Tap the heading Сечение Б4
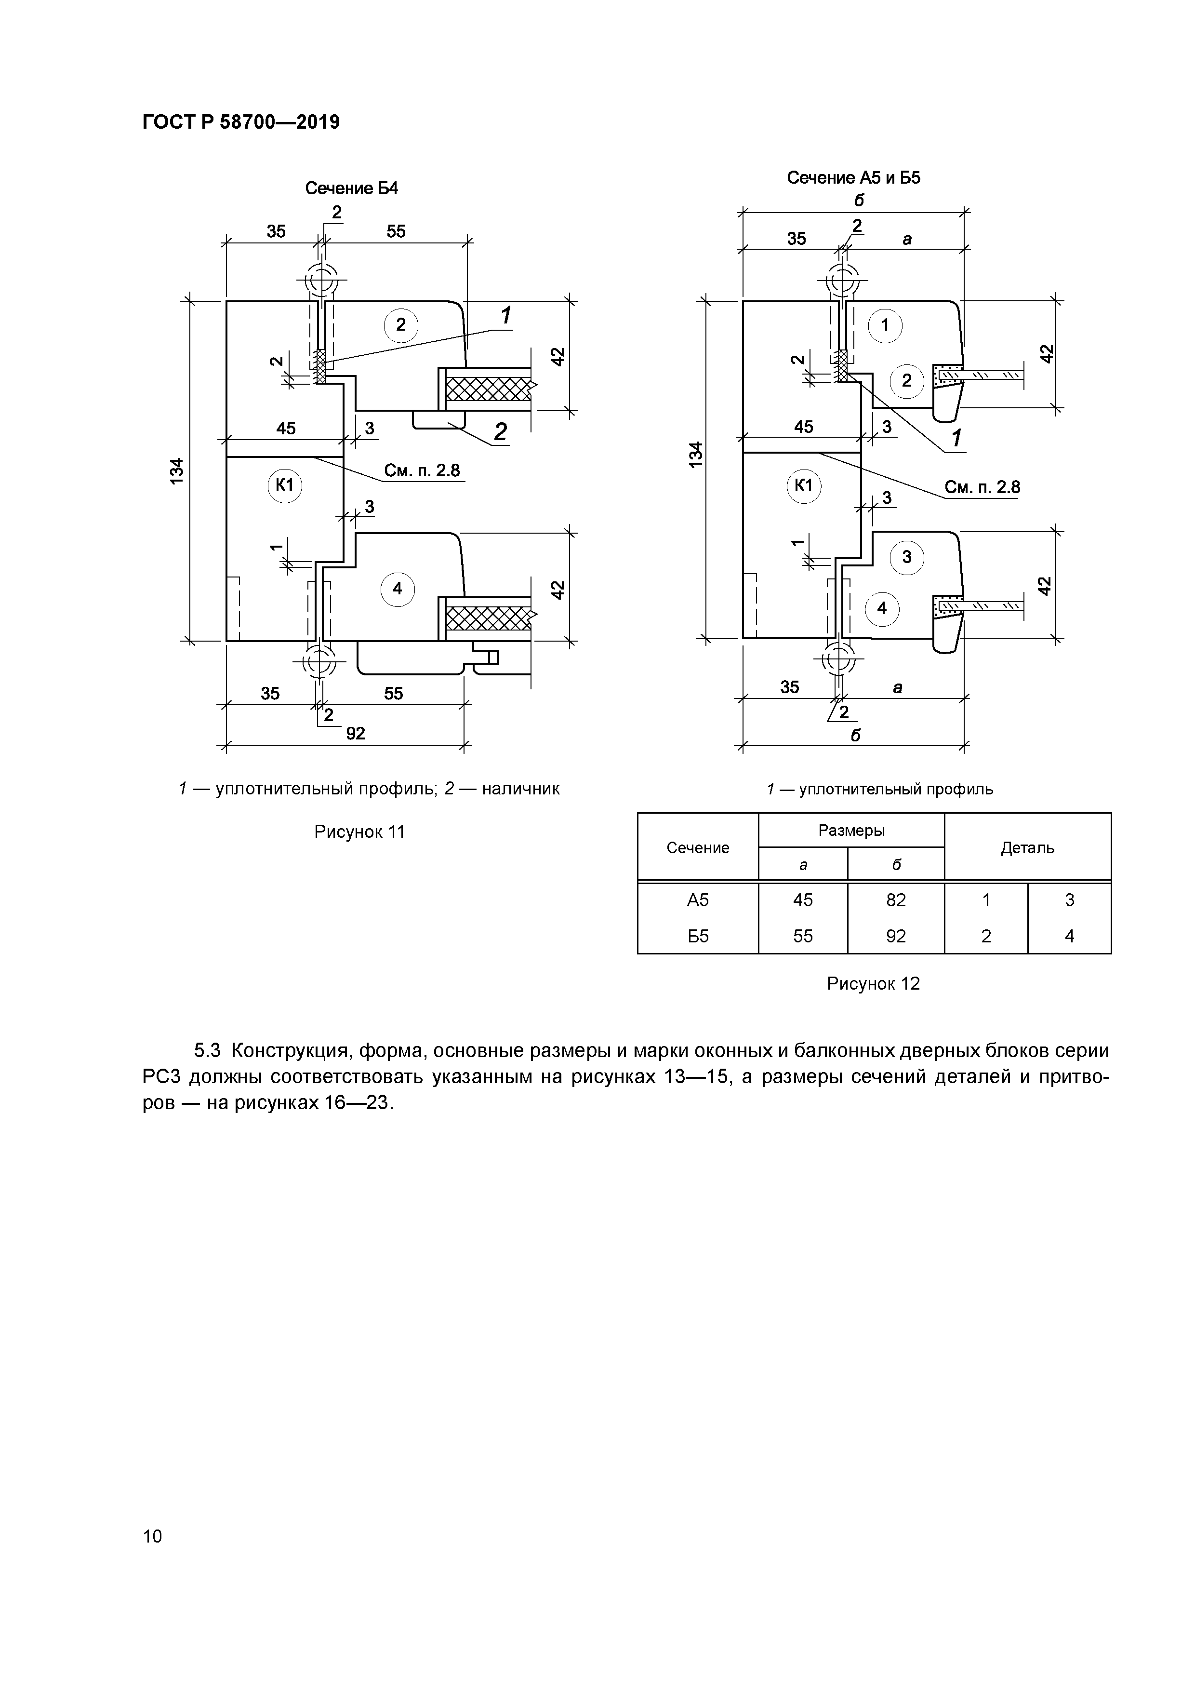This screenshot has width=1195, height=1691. [351, 188]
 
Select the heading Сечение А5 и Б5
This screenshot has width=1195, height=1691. [853, 177]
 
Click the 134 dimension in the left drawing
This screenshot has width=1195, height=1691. [177, 471]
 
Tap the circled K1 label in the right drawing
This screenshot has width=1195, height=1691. [804, 485]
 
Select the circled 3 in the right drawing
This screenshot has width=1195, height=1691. [906, 557]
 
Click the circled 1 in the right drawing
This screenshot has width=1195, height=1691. [885, 325]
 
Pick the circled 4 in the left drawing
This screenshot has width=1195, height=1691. [398, 589]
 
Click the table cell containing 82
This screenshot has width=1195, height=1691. [896, 900]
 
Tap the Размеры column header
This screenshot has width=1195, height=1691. [851, 831]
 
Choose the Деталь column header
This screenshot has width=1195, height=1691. [1027, 848]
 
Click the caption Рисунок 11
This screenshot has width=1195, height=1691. [359, 832]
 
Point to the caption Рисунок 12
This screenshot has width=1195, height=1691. [873, 984]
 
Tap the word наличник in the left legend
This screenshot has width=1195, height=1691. [522, 789]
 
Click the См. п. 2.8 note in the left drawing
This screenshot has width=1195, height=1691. [422, 470]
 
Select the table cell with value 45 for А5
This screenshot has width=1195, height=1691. [803, 900]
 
